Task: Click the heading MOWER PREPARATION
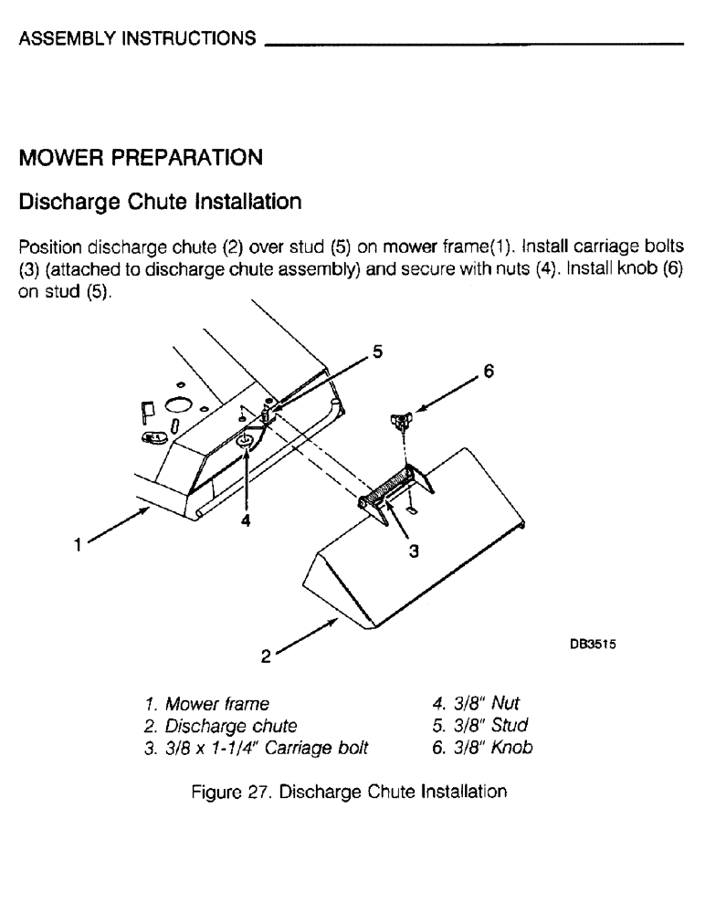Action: coord(141,159)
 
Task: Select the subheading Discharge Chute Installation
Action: coord(160,201)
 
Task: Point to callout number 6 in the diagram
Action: coord(488,372)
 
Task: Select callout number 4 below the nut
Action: coord(246,521)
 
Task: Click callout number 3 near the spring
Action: coord(413,551)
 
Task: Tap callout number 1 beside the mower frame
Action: coord(79,546)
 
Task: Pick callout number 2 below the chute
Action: coord(265,655)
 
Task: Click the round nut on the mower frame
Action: coord(245,442)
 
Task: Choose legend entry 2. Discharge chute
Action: coord(220,727)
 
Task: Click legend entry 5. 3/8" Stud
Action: coord(480,727)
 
